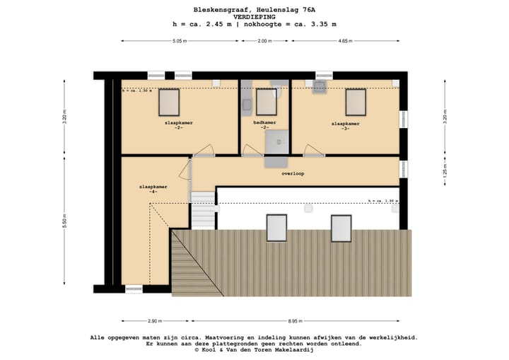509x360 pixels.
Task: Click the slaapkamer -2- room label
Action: [179, 125]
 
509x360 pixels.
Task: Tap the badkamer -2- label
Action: [264, 125]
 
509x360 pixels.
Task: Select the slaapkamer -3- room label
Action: [346, 126]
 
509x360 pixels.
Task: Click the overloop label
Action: [293, 173]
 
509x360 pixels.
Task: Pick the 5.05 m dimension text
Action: [180, 41]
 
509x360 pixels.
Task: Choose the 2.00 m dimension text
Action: [264, 41]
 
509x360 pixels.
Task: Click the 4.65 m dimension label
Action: [346, 41]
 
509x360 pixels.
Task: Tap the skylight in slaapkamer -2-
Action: [169, 102]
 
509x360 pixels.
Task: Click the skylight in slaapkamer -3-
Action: [356, 102]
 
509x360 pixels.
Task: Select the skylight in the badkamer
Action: [266, 102]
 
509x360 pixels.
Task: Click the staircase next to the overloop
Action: [203, 209]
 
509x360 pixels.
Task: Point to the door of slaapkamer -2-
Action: [204, 151]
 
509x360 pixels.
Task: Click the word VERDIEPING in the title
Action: [254, 16]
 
